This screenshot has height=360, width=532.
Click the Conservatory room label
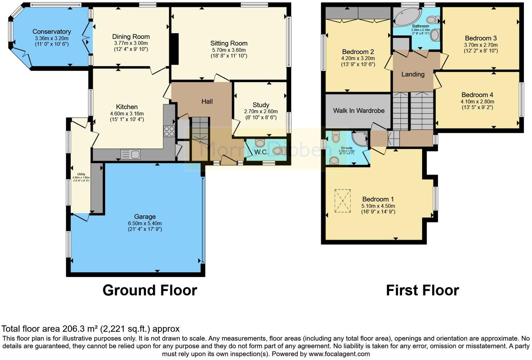pos(51,32)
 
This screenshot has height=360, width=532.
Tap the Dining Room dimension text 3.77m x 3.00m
pos(131,43)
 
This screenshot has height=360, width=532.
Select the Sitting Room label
pos(229,43)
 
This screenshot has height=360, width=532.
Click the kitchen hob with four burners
pos(169,131)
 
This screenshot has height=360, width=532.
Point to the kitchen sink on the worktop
pos(130,154)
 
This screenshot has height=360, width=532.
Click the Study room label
pos(261,105)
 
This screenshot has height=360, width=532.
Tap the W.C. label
pos(261,152)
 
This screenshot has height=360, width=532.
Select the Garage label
pos(145,216)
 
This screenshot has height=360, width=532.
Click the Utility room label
pos(81,174)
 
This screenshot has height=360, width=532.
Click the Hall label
pos(207,101)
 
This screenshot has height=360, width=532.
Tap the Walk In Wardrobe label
pos(358,110)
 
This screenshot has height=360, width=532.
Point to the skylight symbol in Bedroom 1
pos(342,201)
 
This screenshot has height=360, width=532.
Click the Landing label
pos(413,74)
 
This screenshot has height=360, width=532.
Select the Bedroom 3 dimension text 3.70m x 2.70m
pos(481,45)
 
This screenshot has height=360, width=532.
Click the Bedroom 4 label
pos(477,95)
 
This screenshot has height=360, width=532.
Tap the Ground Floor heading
pos(149,290)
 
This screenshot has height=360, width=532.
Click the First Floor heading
pos(422,290)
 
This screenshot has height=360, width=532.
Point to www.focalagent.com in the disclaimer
pos(339,354)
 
